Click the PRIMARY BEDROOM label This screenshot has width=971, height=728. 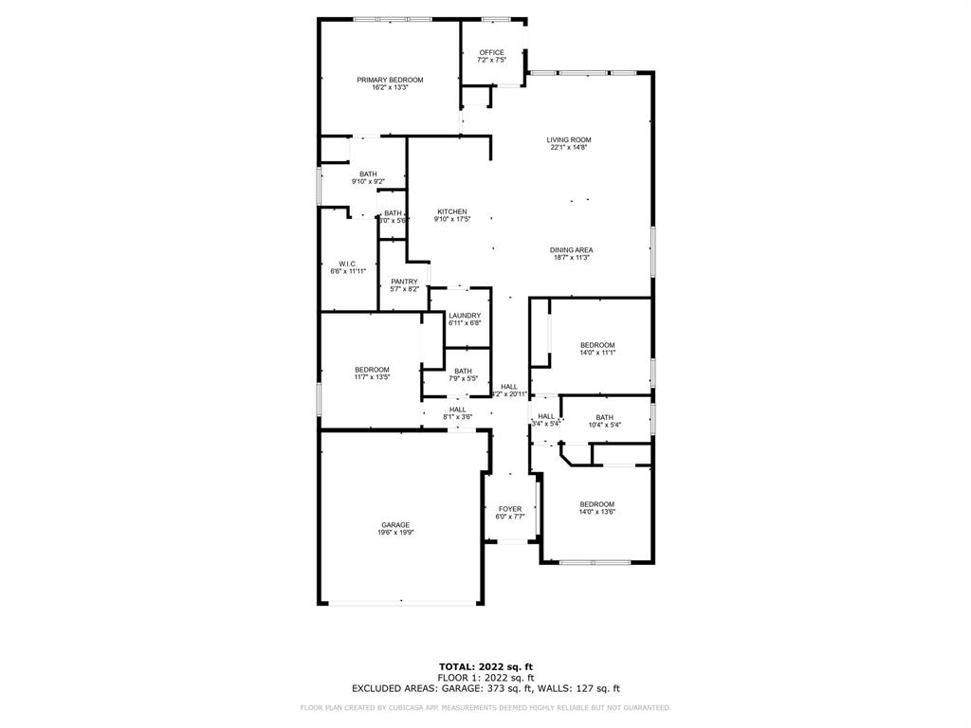[x=390, y=80]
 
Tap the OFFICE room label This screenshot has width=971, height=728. [x=491, y=52]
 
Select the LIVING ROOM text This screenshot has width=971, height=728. [x=569, y=140]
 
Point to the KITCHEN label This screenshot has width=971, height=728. [x=451, y=211]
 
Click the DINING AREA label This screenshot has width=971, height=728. [x=571, y=250]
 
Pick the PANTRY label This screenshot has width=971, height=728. [x=404, y=282]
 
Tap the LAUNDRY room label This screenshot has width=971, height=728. [x=465, y=316]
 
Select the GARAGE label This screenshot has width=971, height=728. [x=395, y=525]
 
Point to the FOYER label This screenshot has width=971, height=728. [x=509, y=509]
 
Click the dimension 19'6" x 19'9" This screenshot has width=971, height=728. [x=395, y=533]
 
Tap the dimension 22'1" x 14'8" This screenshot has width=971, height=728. [x=569, y=148]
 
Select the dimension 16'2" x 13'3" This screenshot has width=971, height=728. [x=390, y=87]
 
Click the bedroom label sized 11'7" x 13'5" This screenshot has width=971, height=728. [x=372, y=370]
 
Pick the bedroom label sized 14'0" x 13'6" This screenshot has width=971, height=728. [x=597, y=504]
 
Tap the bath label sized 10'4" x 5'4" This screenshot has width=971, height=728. [x=604, y=417]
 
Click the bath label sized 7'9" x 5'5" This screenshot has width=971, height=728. [x=463, y=371]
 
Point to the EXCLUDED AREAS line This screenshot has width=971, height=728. [x=485, y=689]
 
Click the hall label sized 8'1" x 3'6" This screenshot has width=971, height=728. [x=457, y=409]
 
